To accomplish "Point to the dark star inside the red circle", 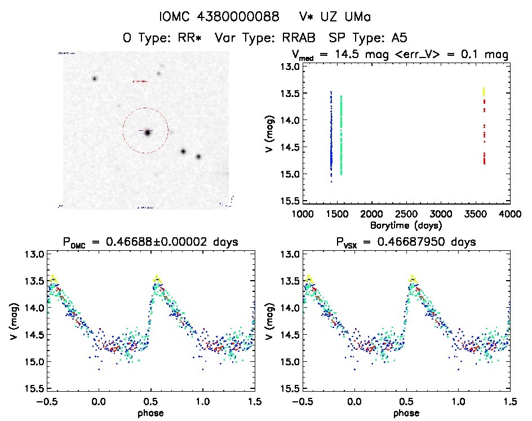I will point(148,132).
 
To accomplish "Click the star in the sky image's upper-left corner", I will point(95,78).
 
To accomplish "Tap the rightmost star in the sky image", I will point(198,157).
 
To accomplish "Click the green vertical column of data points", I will point(341,135).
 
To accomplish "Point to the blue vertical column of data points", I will point(331,135).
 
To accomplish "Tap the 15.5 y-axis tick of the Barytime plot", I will point(291,201).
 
